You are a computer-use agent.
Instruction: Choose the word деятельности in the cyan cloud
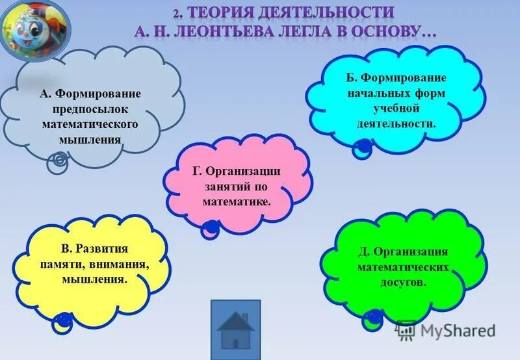pos(395,123)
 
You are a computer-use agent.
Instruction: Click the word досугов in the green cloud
pos(404,281)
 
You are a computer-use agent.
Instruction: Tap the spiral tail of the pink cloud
pos(210,227)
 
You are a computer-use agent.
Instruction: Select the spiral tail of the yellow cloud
pos(64,319)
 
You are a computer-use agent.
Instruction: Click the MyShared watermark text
pos(458,330)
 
